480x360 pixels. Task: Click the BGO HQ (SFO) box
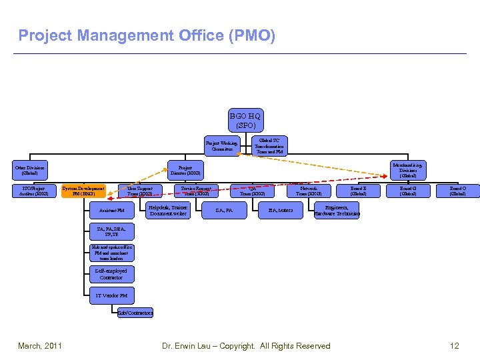click(245, 121)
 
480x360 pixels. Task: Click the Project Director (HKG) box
click(186, 170)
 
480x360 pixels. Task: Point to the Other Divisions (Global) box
click(30, 170)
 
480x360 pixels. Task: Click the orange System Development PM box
click(83, 191)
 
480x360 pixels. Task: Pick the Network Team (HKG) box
click(309, 191)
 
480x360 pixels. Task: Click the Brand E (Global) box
click(359, 191)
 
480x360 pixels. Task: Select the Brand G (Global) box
click(408, 191)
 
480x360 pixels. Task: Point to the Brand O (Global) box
click(457, 191)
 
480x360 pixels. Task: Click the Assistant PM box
click(111, 211)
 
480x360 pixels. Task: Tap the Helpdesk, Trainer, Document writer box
click(168, 211)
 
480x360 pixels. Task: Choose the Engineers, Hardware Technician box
click(337, 211)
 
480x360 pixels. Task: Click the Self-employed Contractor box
click(111, 274)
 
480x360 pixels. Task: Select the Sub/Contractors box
click(135, 313)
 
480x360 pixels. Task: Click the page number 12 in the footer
click(455, 346)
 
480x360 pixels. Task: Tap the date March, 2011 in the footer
click(41, 346)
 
